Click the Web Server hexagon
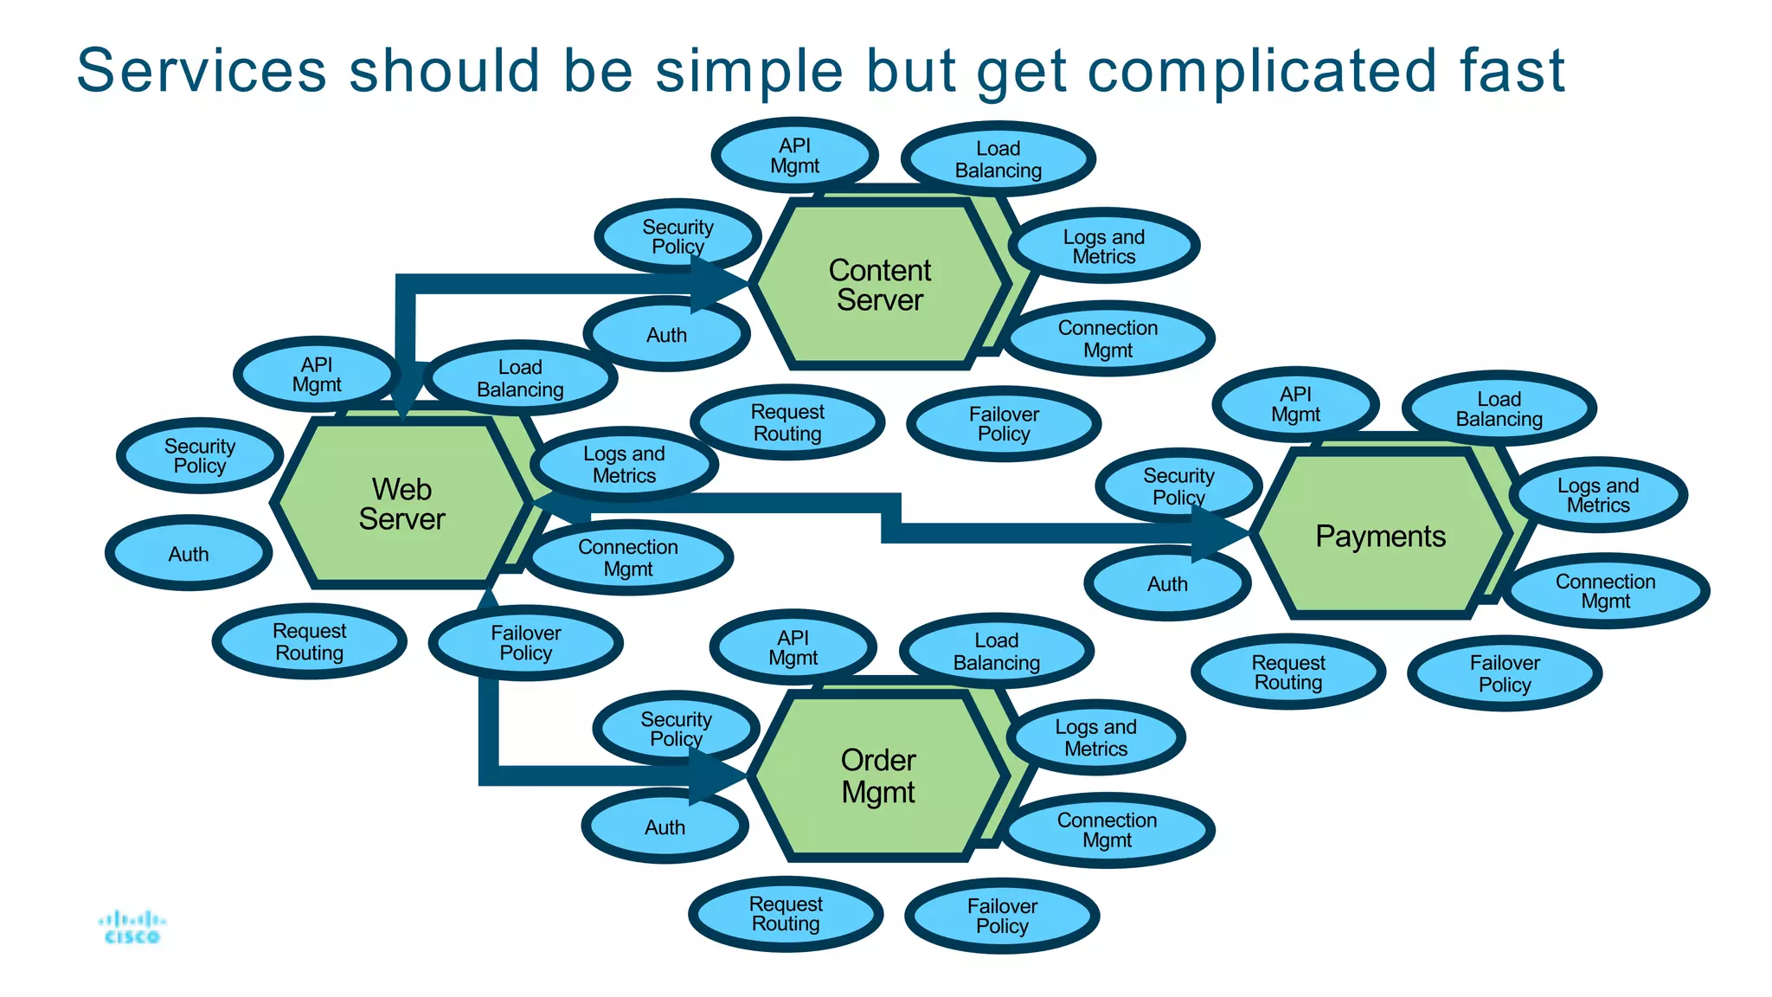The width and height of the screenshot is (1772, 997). (x=401, y=504)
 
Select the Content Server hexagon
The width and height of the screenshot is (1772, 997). (x=879, y=285)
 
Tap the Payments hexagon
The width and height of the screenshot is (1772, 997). (x=1380, y=537)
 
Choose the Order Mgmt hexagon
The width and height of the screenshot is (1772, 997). (x=877, y=776)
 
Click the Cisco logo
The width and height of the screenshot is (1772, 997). (x=132, y=927)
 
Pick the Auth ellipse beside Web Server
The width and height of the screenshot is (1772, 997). (x=189, y=554)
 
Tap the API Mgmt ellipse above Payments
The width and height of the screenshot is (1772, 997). (x=1295, y=404)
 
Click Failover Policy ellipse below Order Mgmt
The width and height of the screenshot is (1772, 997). (x=1002, y=917)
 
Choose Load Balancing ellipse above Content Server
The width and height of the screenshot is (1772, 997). (x=998, y=159)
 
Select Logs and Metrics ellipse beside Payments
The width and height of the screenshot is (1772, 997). (x=1598, y=495)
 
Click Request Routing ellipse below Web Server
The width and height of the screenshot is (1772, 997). (x=309, y=642)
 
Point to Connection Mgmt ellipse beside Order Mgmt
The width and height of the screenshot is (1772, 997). (x=1107, y=830)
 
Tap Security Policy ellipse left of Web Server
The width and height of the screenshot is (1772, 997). (x=200, y=456)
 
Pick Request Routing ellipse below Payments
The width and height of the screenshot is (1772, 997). (x=1287, y=672)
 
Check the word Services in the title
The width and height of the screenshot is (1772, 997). (x=201, y=71)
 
